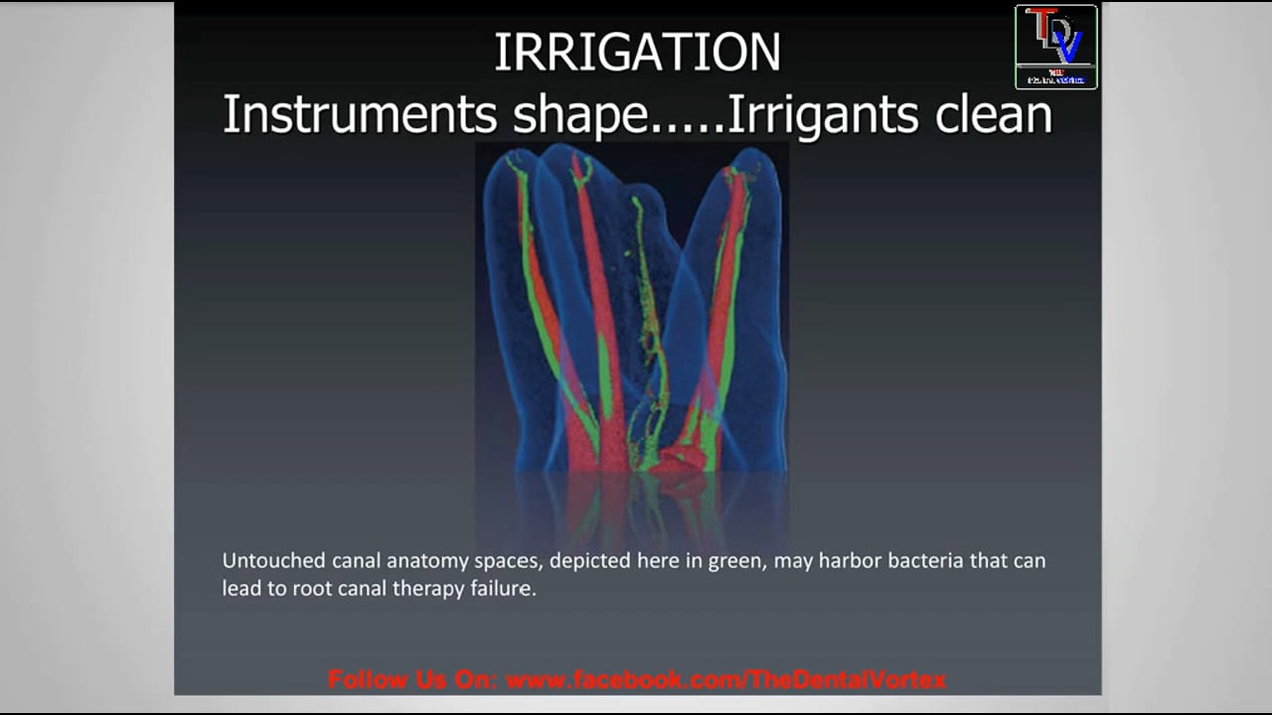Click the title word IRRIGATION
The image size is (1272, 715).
click(637, 53)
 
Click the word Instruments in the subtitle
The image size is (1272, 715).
click(359, 114)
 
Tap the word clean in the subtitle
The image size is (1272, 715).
click(993, 114)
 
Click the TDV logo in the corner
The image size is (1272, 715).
click(1055, 47)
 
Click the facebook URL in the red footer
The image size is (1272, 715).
click(725, 680)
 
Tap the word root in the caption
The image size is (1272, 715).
click(311, 589)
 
